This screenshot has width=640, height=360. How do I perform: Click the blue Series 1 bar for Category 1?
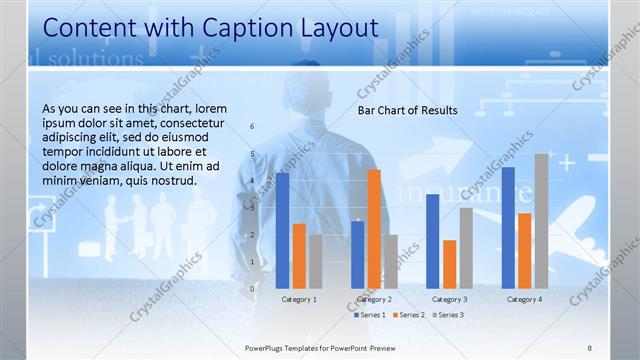coord(283,230)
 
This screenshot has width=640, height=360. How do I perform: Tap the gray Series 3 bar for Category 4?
coord(541,221)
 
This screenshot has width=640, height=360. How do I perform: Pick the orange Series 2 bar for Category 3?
coord(450,264)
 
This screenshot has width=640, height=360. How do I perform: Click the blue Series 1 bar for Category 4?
coord(508,227)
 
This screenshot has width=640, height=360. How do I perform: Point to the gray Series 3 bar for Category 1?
coord(315,261)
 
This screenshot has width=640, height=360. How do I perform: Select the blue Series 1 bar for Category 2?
coord(358,254)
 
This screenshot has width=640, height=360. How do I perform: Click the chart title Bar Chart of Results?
coord(408,110)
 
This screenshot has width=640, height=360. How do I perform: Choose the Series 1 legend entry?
coord(370,315)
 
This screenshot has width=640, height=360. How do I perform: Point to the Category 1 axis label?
coord(299,299)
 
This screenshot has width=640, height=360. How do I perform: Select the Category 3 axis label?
coord(450,299)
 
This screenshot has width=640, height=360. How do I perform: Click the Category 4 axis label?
coord(524,299)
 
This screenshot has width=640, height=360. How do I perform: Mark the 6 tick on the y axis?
coord(252,126)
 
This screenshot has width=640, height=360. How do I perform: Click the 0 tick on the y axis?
coord(252,289)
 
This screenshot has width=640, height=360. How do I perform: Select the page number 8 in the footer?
coord(590,347)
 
